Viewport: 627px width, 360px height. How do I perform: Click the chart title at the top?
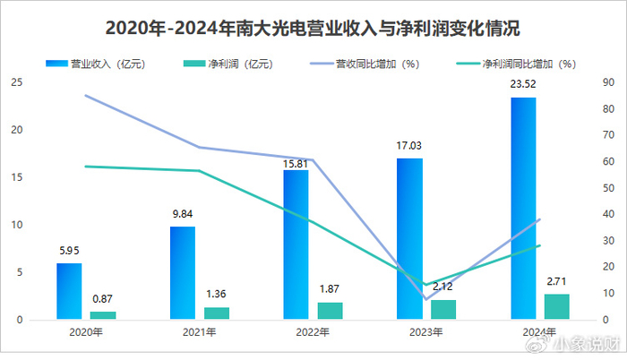(x=313, y=28)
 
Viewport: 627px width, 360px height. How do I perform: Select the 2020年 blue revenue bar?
(x=69, y=291)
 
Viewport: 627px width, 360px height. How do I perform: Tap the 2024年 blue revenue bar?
(x=523, y=208)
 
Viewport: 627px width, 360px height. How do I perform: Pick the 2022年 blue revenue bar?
(x=296, y=244)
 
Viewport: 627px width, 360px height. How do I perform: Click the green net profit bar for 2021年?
(x=217, y=313)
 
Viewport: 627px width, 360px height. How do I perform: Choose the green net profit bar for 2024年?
(x=557, y=305)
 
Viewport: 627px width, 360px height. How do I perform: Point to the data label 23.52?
(x=524, y=88)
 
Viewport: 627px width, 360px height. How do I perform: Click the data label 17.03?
(x=409, y=145)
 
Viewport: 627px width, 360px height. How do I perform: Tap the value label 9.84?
(x=183, y=215)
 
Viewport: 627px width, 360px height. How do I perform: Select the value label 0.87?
(x=103, y=298)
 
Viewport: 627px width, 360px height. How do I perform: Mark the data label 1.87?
(x=330, y=289)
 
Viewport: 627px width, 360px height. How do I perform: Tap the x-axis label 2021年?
(x=199, y=332)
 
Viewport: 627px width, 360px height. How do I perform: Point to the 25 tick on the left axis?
(x=16, y=82)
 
